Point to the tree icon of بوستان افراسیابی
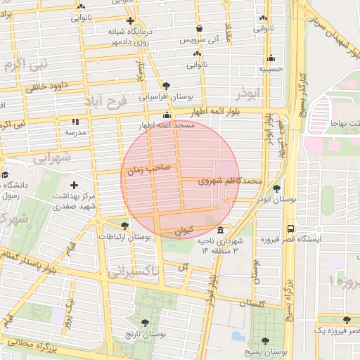166,85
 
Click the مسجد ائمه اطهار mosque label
167,124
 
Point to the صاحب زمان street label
149,169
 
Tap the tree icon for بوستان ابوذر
276,188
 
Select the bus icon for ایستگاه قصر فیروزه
290,229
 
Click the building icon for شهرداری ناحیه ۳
221,231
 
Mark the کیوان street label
182,230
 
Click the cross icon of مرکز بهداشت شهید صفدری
75,185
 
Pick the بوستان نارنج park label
143,335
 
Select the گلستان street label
251,303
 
